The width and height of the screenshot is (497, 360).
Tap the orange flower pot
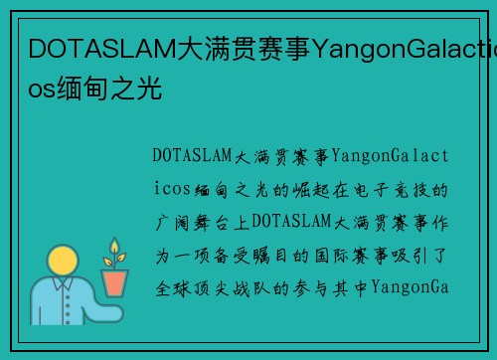click(115, 283)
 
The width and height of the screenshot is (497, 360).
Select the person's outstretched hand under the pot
click(104, 302)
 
